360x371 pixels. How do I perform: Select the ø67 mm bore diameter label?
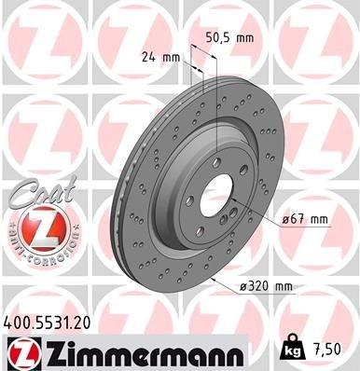pos(307,220)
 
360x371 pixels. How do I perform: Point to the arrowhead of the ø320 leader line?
pos(213,279)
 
